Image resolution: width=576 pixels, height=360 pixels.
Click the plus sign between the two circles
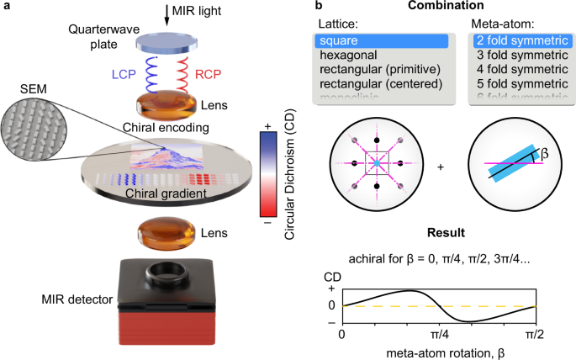pos(441,165)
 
